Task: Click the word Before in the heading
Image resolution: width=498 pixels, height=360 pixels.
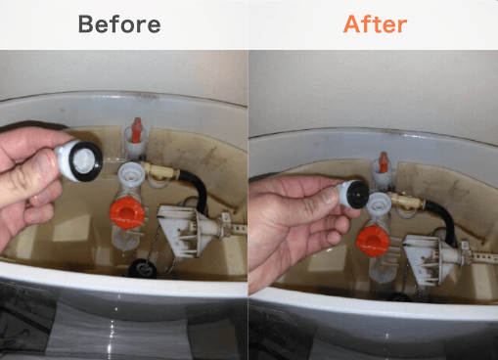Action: click(119, 24)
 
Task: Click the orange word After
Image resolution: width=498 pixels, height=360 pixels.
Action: click(375, 24)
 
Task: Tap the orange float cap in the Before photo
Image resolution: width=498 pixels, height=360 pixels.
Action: click(126, 212)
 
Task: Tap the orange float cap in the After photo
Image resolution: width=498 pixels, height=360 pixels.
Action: click(373, 241)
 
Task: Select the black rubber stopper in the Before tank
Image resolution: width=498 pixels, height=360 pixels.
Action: click(143, 269)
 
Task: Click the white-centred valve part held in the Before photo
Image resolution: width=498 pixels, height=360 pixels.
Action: click(80, 159)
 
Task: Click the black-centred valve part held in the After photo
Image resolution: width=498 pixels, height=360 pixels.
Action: click(352, 195)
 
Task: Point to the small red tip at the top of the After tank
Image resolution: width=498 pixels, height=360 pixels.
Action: click(384, 162)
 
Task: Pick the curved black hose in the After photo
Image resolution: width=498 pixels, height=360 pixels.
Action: click(443, 217)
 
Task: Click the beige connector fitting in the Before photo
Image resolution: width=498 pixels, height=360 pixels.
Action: click(159, 172)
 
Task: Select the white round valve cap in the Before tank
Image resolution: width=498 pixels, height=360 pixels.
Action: click(131, 174)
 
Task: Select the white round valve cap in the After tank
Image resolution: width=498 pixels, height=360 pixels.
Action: click(379, 203)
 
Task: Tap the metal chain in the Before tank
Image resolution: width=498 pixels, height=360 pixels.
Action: click(154, 243)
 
